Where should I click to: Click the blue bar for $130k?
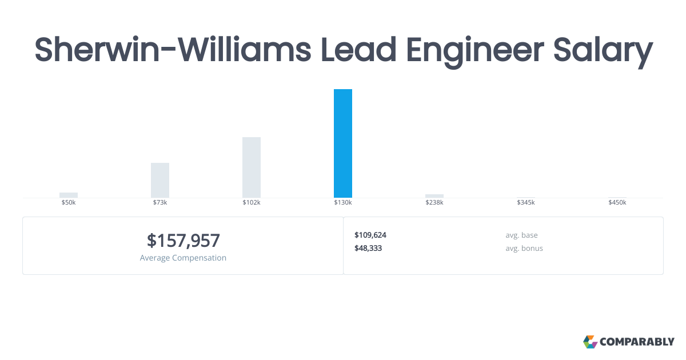[343, 143]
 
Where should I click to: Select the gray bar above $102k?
[252, 167]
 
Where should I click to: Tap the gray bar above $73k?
[160, 180]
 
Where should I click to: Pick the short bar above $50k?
[69, 195]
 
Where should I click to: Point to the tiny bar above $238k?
[434, 196]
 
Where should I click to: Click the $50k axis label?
[69, 203]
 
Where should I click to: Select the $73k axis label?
[160, 203]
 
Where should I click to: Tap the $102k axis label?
[252, 203]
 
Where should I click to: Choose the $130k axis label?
[343, 203]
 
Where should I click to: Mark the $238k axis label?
[434, 203]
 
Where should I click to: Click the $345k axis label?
[526, 203]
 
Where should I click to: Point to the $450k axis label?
[617, 203]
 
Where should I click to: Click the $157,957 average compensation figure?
[183, 241]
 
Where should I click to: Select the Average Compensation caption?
[183, 258]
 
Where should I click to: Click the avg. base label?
[521, 235]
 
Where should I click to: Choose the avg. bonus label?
[524, 249]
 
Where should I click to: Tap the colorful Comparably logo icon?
[590, 342]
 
